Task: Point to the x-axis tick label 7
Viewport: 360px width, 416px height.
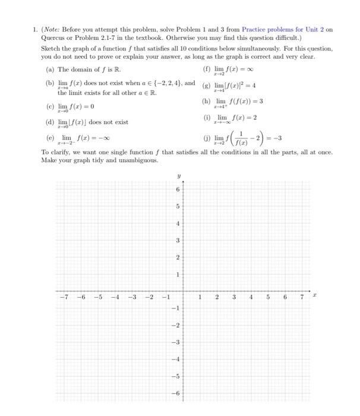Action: click(x=302, y=297)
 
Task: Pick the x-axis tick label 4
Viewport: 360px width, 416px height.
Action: click(x=251, y=297)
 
